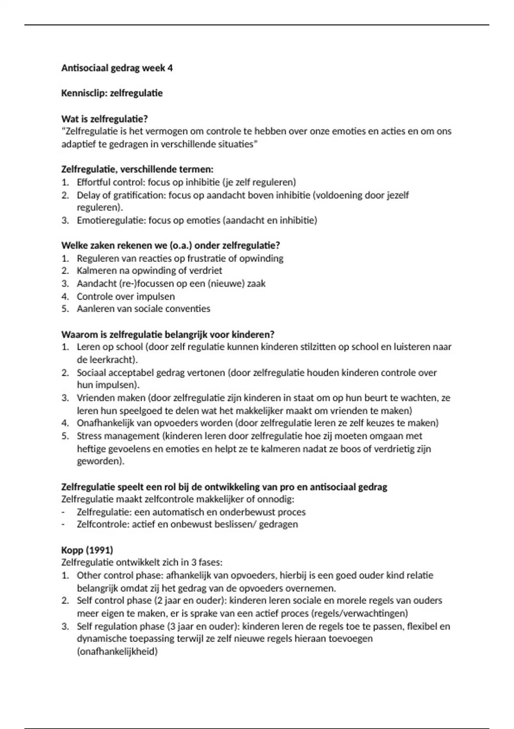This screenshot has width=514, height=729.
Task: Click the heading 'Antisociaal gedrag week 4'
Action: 117,68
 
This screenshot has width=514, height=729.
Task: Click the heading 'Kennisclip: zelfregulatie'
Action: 112,93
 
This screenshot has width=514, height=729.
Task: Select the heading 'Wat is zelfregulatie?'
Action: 105,119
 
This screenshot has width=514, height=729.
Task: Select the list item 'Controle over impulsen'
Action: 126,296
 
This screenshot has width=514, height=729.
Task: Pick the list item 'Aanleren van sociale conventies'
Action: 143,309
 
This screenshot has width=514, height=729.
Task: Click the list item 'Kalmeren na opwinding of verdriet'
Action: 149,271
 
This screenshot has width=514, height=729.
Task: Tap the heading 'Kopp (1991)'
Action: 87,550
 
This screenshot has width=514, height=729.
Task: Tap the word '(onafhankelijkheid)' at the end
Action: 117,652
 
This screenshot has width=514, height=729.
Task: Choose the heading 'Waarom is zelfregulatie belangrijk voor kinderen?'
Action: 167,334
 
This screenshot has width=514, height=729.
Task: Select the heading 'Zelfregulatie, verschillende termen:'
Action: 137,169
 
